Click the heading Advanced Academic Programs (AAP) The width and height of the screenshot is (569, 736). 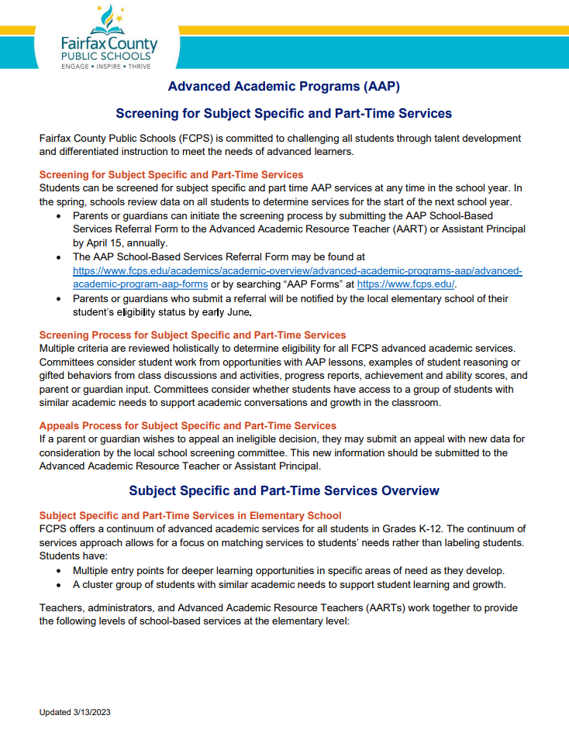pos(284,85)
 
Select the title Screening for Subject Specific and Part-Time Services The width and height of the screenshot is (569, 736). pos(284,113)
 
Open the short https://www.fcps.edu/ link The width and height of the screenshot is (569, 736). pos(405,284)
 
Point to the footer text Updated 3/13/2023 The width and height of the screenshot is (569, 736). pos(81,711)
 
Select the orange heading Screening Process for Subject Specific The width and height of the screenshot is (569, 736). pos(192,335)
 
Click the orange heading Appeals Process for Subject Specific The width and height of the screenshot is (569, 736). pos(188,425)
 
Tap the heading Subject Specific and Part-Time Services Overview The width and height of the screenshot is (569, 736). pos(284,490)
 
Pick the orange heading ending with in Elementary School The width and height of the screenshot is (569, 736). pos(190,515)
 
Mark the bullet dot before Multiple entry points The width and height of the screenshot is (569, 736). pos(60,569)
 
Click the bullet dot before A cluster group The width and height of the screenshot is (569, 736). pos(60,583)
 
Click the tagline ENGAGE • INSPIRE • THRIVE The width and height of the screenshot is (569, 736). pos(106,67)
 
